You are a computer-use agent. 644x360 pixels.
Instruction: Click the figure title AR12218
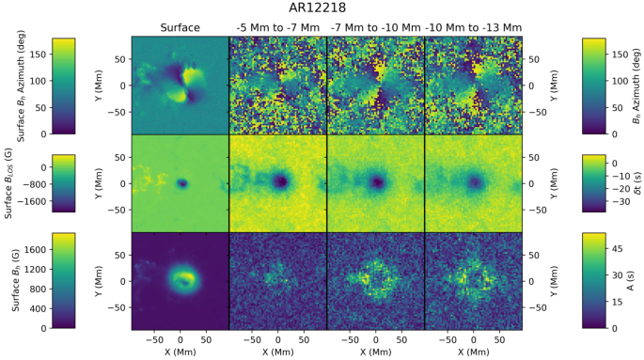322,8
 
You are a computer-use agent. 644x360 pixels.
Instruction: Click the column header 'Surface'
180,28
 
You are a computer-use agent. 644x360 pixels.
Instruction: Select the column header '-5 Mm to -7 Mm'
277,28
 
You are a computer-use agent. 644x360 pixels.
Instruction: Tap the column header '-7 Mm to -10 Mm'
375,28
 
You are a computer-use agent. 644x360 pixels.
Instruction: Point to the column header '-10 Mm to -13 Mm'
473,28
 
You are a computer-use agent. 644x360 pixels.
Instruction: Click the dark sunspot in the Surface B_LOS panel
182,184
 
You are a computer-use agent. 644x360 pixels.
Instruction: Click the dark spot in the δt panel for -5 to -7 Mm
280,181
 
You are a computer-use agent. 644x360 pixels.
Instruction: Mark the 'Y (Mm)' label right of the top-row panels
535,86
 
